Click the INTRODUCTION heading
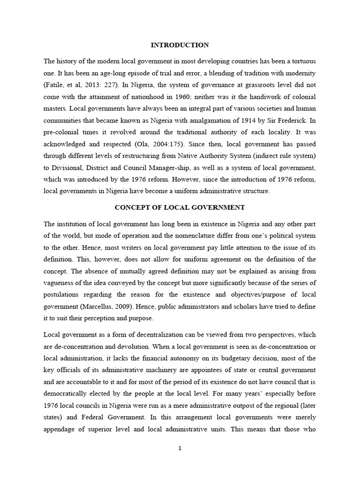180,45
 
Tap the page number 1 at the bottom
180,448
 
